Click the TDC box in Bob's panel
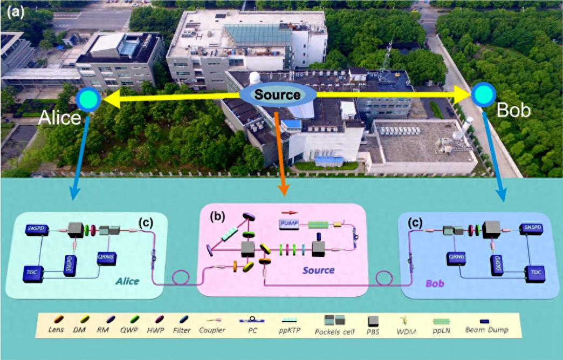(x=533, y=273)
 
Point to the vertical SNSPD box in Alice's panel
(x=69, y=265)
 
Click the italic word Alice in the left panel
(x=127, y=281)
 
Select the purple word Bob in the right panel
(x=435, y=282)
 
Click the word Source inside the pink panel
(x=317, y=269)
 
